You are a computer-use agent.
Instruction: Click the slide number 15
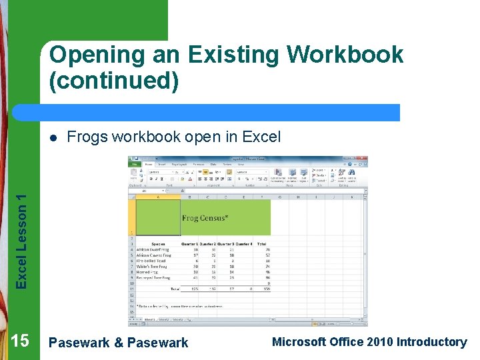20,341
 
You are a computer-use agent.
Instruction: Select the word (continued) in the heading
114,81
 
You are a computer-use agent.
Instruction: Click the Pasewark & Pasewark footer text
119,343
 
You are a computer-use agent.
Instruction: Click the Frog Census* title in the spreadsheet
205,218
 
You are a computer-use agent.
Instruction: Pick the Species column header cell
158,244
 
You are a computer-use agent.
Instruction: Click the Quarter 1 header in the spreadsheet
190,244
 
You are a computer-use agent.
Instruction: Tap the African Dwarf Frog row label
154,249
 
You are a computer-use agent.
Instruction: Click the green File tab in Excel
135,164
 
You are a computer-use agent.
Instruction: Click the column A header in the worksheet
158,197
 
